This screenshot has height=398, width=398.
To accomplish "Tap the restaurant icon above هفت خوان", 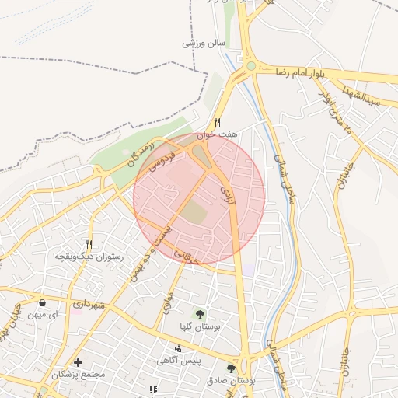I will click(218, 122).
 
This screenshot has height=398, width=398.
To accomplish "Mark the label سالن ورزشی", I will click(203, 43).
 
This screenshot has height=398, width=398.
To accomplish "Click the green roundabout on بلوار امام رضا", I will click(251, 68).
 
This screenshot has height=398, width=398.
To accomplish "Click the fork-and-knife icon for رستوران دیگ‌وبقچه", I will click(89, 243).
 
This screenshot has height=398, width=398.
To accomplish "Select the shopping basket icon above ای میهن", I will click(42, 302).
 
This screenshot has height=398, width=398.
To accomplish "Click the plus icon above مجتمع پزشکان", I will click(78, 362).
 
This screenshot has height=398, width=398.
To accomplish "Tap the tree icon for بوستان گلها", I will click(201, 314).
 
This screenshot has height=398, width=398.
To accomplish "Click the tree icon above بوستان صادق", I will click(231, 368).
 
